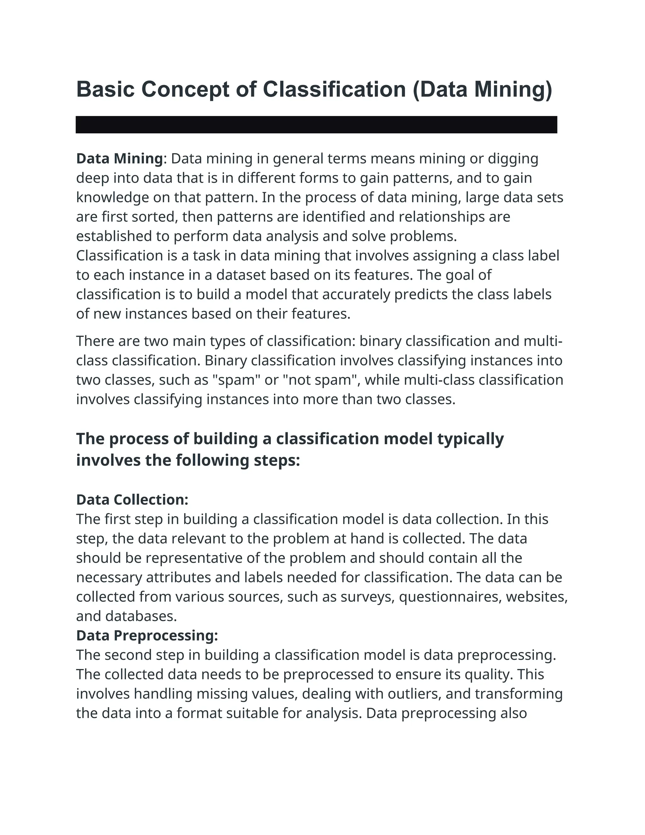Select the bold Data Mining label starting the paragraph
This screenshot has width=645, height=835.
(120, 159)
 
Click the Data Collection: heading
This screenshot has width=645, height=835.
(132, 499)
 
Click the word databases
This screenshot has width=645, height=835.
(141, 616)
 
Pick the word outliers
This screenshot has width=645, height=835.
(414, 694)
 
